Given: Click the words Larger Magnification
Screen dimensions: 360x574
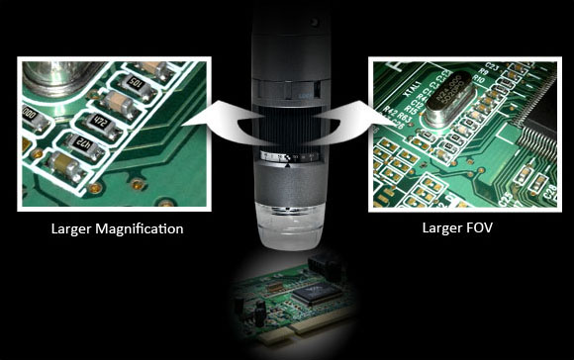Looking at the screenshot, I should coord(117,229).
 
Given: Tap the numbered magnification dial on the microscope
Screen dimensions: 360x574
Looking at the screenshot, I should coord(287,155).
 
